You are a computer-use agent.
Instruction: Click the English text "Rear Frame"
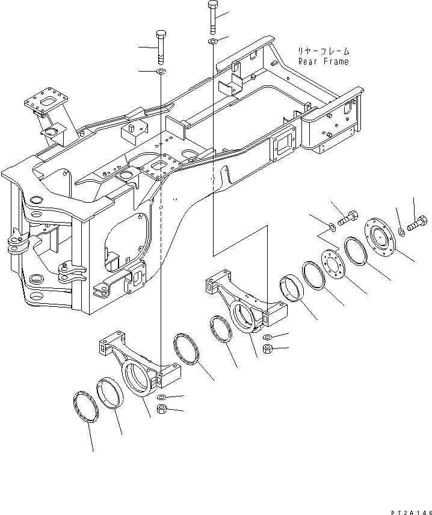pos(323,61)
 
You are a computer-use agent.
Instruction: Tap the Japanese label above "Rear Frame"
pos(323,51)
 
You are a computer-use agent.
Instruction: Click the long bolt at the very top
pos(212,16)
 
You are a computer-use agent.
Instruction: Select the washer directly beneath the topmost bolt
pos(213,42)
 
